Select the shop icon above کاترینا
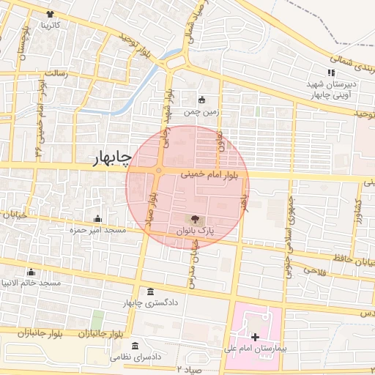[49, 14]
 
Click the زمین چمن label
[201, 112]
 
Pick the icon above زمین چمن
[202, 100]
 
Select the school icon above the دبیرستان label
[331, 73]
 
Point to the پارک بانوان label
[195, 231]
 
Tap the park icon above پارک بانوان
[195, 218]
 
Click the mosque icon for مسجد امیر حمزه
[98, 218]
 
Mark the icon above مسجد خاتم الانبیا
[30, 272]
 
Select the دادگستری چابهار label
[151, 303]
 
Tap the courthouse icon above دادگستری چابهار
[151, 292]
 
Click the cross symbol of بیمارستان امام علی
[255, 337]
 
